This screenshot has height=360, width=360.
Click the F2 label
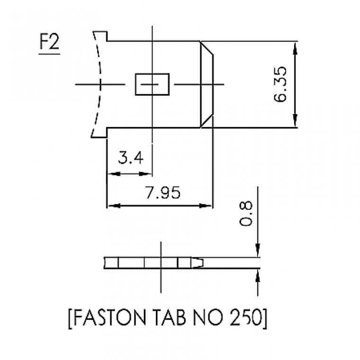coord(49,45)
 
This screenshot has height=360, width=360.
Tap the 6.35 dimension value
coord(280,84)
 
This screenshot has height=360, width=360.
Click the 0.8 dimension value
coord(246,216)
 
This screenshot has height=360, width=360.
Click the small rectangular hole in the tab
coord(152,84)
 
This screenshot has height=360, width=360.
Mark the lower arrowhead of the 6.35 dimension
coord(296,123)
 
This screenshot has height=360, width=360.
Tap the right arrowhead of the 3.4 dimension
coord(148,174)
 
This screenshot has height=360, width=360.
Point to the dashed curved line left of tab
coord(100,84)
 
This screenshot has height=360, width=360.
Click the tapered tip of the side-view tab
coord(200,262)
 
